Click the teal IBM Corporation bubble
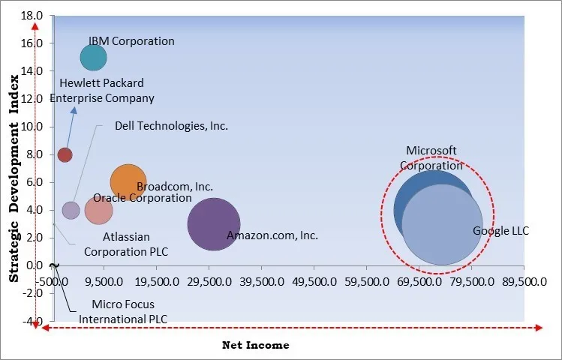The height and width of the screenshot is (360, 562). [93, 57]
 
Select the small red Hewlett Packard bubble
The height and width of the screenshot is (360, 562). [65, 154]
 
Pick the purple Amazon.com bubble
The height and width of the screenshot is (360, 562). [213, 223]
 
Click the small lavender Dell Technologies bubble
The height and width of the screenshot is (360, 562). [71, 210]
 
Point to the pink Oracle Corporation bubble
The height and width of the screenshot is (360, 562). [98, 210]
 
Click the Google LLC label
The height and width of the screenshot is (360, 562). [500, 231]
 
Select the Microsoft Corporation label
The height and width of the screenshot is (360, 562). [431, 158]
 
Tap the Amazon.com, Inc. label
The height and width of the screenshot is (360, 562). [272, 235]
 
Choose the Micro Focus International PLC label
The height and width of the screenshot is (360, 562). [123, 311]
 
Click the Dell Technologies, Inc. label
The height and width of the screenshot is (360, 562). [171, 126]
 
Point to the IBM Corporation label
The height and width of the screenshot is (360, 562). [131, 41]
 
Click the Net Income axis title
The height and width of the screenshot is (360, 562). [255, 345]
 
